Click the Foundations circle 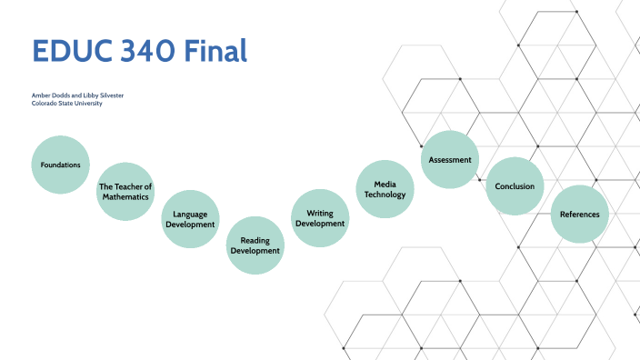tap(61, 165)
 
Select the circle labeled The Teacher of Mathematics tap(125, 192)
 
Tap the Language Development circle tap(190, 218)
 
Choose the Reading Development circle tap(255, 245)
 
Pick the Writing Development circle tap(320, 218)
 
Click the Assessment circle tap(450, 160)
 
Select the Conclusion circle tap(515, 186)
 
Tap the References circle tap(579, 215)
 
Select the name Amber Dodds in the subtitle tap(50, 95)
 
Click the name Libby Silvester tap(102, 95)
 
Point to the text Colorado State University tap(66, 104)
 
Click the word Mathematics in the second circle tap(125, 197)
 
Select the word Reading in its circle tap(255, 240)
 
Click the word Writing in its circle tap(320, 213)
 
